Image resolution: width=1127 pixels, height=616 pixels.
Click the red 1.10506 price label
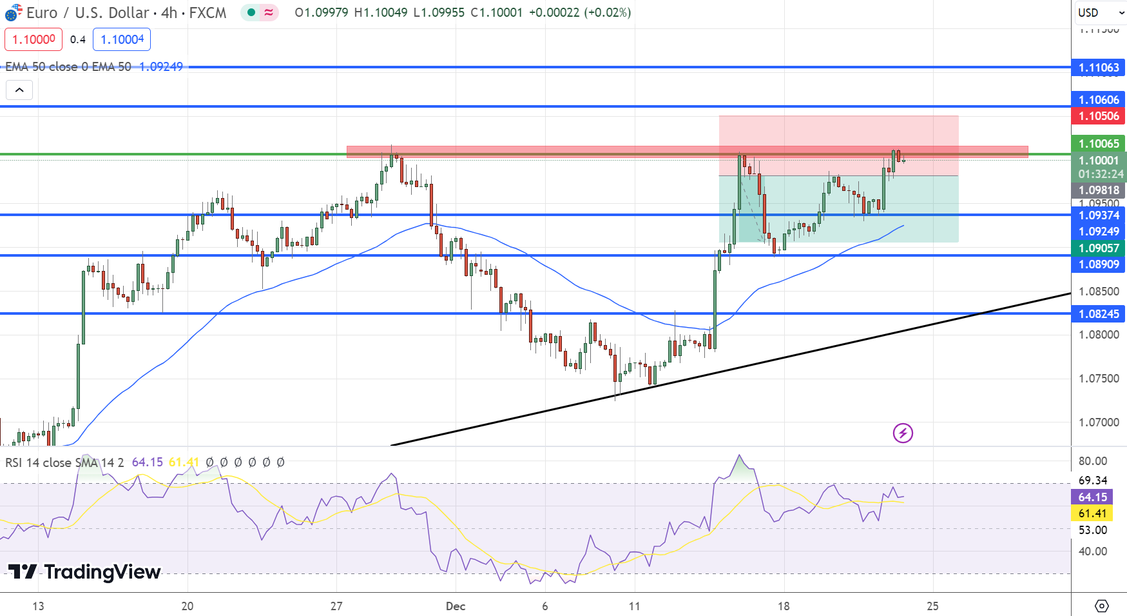coord(1098,116)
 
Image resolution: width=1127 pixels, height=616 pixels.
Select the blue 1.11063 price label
coord(1098,68)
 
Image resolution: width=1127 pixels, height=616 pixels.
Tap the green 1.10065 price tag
coord(1098,144)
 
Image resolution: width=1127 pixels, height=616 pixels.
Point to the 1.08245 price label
coord(1098,314)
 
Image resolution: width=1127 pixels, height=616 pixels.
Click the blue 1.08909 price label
coord(1098,264)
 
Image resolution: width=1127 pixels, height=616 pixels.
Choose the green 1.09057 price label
coord(1098,248)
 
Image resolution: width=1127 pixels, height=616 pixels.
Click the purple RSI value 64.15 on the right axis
coord(1092,497)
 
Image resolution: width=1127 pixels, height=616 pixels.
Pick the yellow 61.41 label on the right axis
coord(1092,513)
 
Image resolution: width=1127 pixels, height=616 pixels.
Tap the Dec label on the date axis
coord(456,606)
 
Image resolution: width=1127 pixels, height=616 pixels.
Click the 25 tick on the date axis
coord(932,606)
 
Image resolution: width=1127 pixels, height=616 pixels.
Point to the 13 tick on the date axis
coord(38,606)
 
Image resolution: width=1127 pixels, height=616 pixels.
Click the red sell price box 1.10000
coord(34,39)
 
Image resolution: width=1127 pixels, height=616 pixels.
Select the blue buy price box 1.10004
coord(122,39)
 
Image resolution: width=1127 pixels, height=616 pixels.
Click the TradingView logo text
coord(84,572)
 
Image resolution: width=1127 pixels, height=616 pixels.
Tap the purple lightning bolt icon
coord(903,433)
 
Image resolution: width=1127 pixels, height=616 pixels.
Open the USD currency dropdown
coord(1099,13)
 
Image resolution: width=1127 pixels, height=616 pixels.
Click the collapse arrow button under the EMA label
coord(19,90)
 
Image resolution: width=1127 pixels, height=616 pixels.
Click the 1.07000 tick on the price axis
coord(1098,422)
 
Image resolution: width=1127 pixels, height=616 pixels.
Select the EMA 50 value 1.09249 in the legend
coord(161,67)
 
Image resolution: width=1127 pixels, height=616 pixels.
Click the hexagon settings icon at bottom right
coord(1102,606)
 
